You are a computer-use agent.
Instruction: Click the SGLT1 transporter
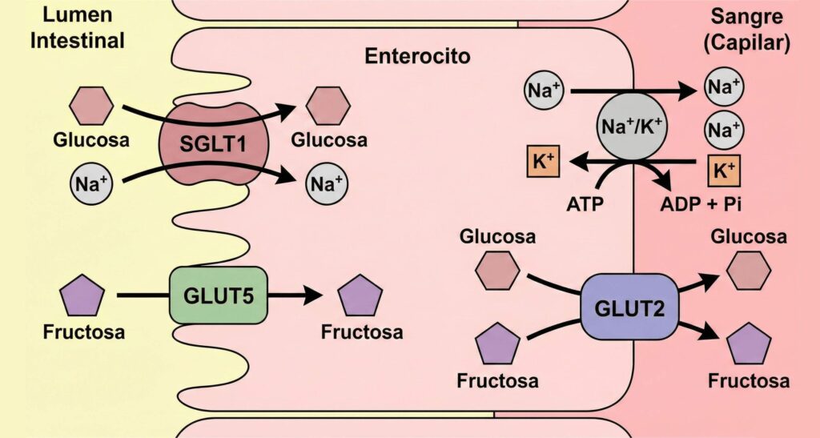(x=214, y=144)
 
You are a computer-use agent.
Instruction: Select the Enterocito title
(x=418, y=57)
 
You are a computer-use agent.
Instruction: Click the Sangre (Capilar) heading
(x=750, y=29)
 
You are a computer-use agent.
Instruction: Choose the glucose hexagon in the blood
(x=749, y=270)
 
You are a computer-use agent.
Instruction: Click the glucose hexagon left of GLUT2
(x=498, y=270)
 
